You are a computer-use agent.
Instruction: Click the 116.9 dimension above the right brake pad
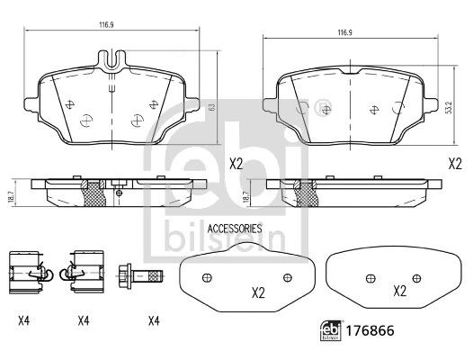[344, 32]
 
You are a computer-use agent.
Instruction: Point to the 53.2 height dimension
[447, 106]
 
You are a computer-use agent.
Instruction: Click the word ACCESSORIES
[234, 229]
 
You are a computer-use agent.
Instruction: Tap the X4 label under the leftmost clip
[25, 320]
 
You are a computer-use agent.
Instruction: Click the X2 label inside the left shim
[257, 292]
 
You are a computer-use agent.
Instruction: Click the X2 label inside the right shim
[399, 292]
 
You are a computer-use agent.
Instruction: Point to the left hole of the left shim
[206, 276]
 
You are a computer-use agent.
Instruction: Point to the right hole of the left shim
[288, 276]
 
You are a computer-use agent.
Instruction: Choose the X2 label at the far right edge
[455, 164]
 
